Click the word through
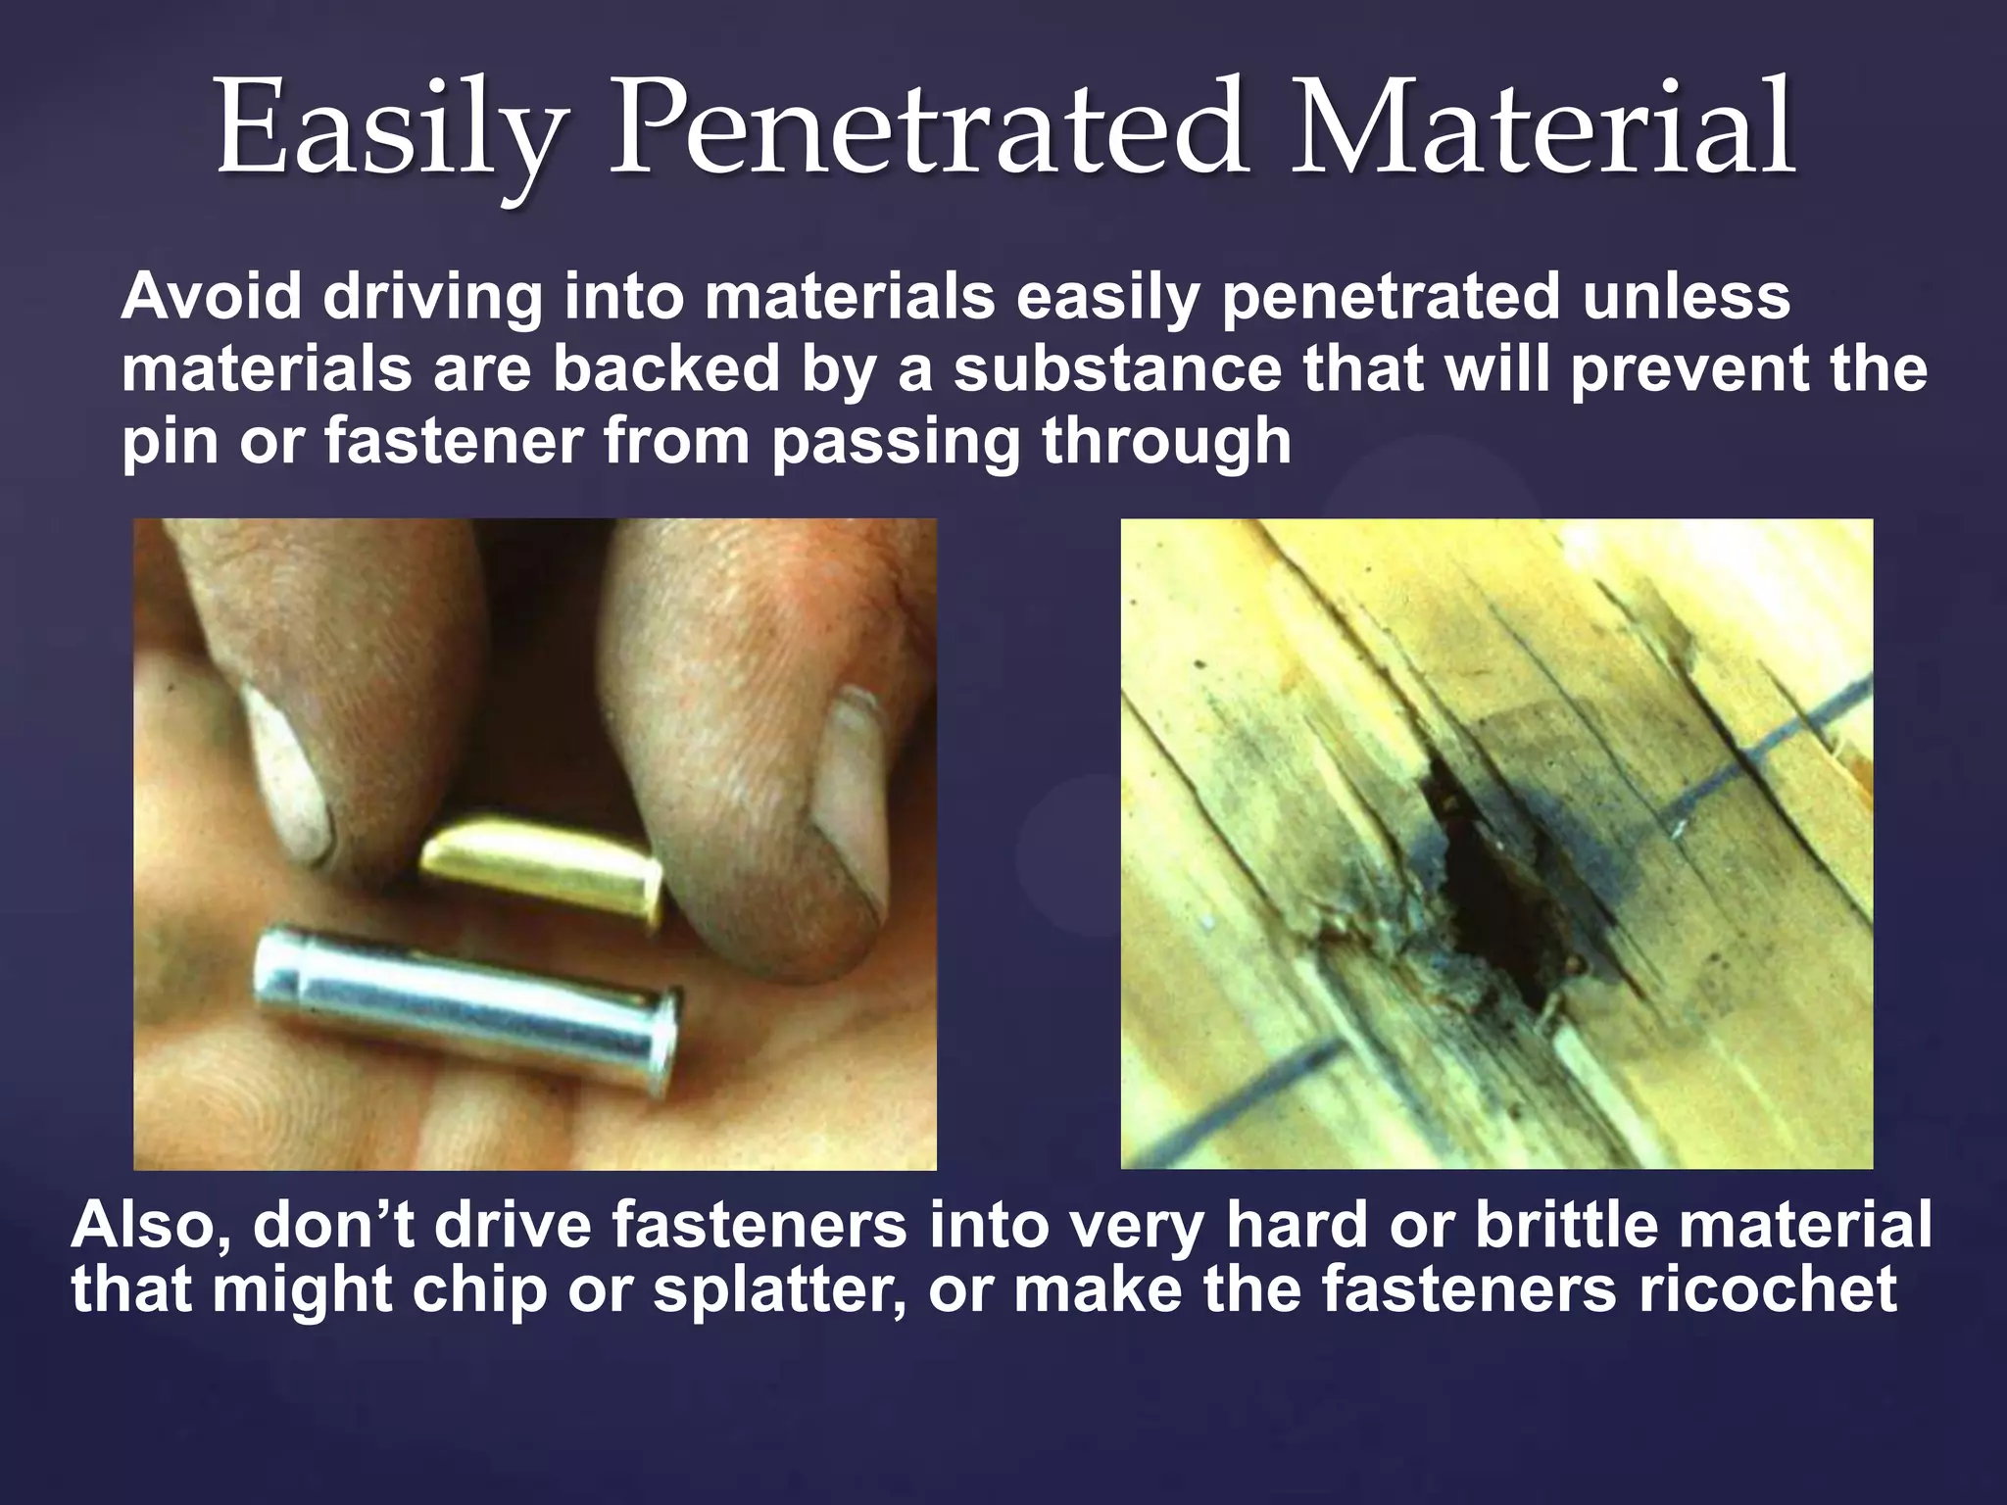(1166, 443)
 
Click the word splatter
(779, 1291)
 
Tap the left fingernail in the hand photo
(284, 774)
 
